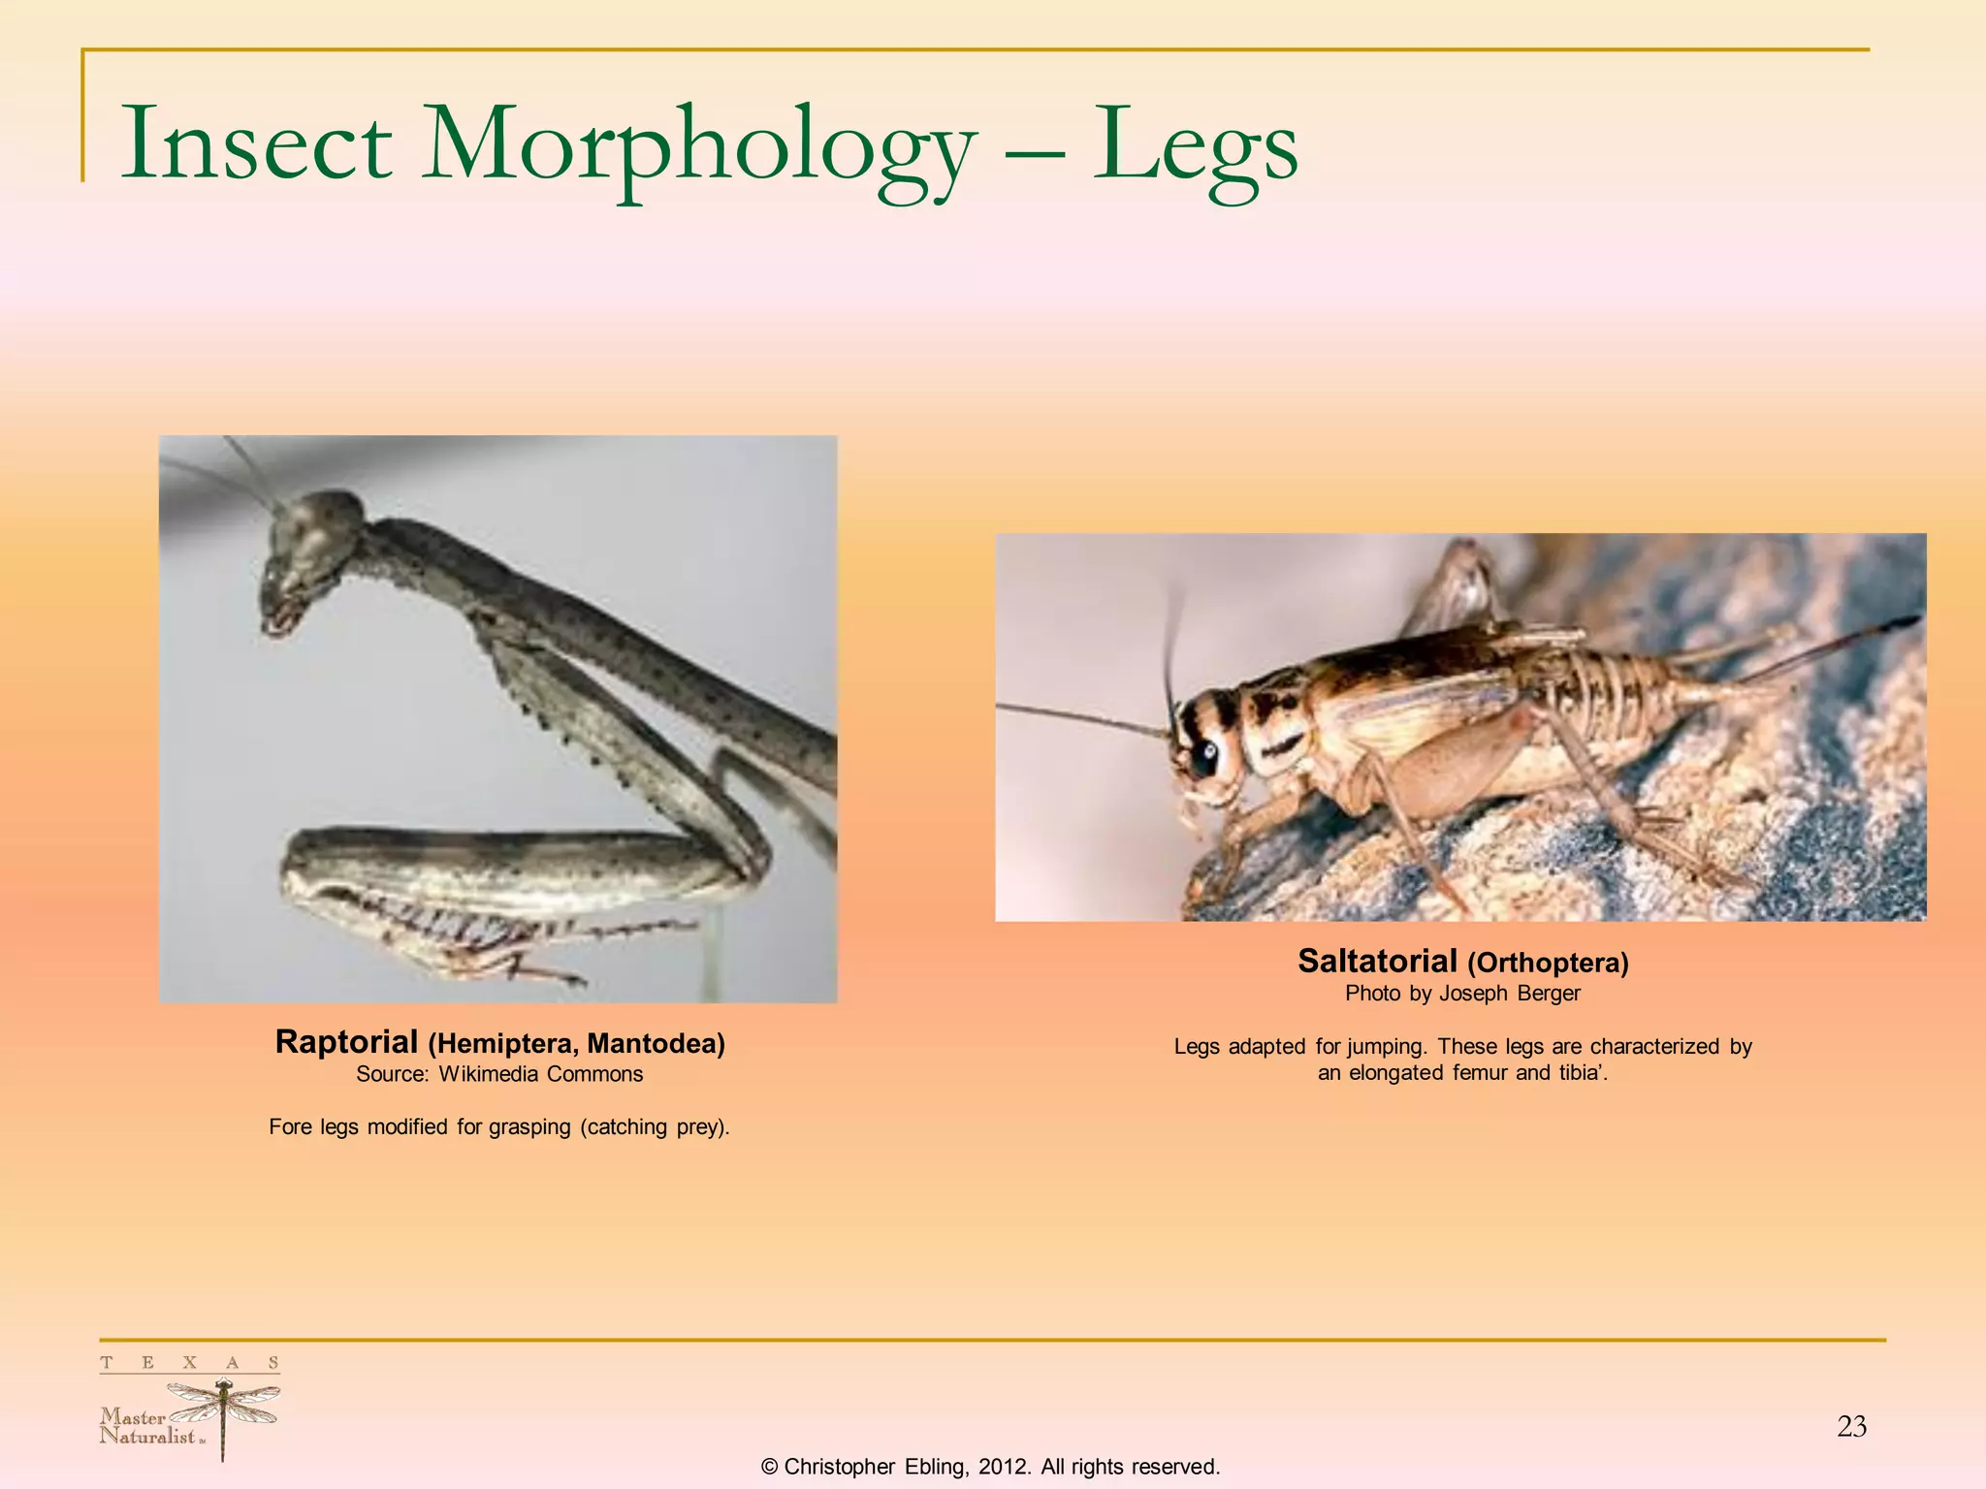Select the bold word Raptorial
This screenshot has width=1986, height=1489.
[x=346, y=1042]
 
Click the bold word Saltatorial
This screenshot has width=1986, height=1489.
[x=1377, y=962]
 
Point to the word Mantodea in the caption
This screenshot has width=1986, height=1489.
[x=656, y=1044]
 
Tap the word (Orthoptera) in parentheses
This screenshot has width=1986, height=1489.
[x=1548, y=964]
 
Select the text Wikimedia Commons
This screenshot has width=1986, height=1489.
[x=541, y=1074]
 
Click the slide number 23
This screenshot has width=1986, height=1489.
[x=1851, y=1426]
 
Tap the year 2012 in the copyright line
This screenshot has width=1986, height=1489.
[x=1003, y=1467]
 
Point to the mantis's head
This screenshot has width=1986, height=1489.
[x=308, y=553]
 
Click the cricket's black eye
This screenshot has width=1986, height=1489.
[x=1205, y=754]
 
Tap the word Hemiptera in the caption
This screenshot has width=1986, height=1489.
[x=503, y=1044]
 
